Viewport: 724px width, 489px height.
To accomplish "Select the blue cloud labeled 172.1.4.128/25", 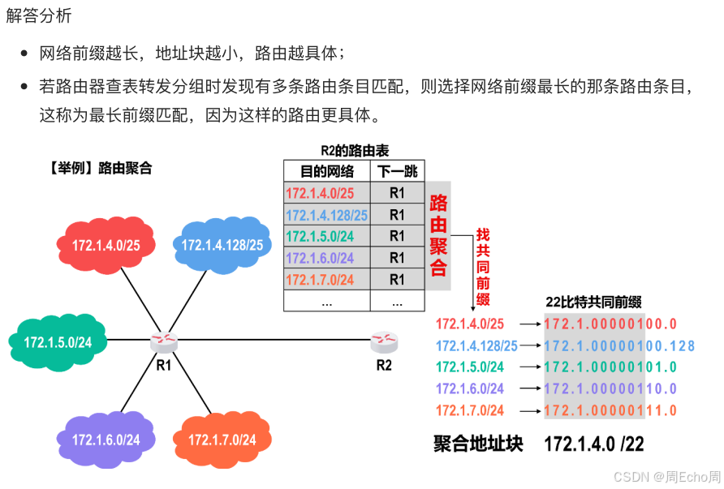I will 222,244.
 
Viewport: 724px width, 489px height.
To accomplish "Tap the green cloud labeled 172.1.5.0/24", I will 58,341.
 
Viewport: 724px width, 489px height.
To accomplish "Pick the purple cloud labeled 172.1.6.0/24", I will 106,440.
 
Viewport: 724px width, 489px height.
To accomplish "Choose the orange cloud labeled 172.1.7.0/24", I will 222,440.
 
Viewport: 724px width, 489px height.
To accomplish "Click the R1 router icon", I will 163,341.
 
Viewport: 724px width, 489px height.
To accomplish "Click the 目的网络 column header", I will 326,171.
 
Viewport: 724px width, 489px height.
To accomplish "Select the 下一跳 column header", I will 397,171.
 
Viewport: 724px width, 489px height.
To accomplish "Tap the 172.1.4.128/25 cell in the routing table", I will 326,215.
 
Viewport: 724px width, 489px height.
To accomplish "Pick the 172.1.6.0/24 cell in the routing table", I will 326,258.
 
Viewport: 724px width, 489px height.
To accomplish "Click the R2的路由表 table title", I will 355,151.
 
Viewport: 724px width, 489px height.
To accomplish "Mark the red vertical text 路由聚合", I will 438,235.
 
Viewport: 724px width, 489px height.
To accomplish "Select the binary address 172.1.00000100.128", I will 619,345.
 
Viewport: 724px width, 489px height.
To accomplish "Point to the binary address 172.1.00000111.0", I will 610,410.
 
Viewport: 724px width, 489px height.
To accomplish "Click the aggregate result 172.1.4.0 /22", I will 593,444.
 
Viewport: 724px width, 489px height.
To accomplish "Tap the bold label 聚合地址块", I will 478,444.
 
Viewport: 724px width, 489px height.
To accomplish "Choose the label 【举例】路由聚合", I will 99,169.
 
